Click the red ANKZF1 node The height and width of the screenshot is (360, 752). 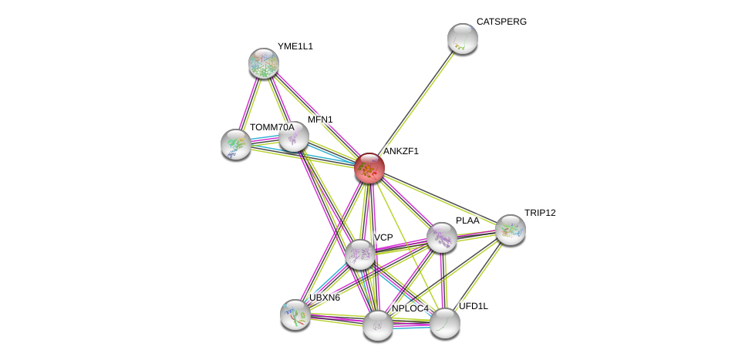click(x=369, y=167)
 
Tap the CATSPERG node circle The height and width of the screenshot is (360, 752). click(x=462, y=39)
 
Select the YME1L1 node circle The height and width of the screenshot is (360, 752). click(x=264, y=63)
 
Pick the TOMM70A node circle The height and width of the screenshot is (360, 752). click(x=236, y=144)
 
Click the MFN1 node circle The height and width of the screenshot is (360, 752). click(x=294, y=137)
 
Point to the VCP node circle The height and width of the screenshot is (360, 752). click(x=360, y=254)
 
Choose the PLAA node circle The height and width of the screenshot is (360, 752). click(x=442, y=237)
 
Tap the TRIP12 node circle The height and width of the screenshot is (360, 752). click(x=511, y=230)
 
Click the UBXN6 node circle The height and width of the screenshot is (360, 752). click(x=295, y=315)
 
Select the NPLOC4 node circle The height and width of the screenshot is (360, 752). click(x=378, y=325)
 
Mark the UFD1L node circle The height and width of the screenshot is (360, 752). click(x=445, y=323)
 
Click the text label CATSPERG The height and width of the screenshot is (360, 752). click(x=501, y=22)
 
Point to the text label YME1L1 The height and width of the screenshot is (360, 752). click(x=295, y=46)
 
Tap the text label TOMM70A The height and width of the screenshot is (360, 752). click(x=271, y=127)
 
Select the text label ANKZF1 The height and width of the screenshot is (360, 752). click(x=401, y=151)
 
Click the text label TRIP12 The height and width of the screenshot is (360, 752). click(x=539, y=213)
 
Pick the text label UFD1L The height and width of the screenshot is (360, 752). click(x=473, y=306)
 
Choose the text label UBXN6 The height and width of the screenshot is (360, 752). click(x=324, y=298)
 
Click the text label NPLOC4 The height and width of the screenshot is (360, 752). click(x=410, y=308)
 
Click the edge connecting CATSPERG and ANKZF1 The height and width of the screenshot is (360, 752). click(x=416, y=102)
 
